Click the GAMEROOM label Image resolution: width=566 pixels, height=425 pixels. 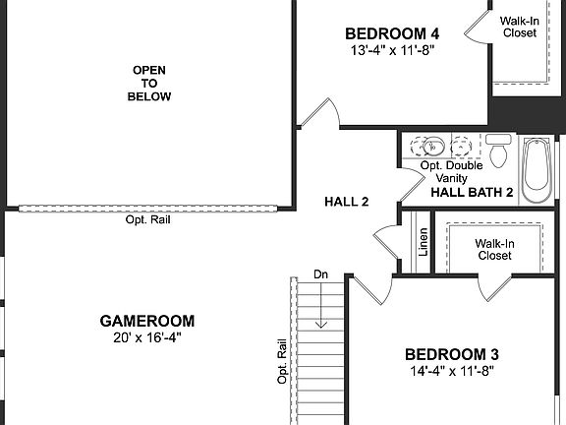click(147, 321)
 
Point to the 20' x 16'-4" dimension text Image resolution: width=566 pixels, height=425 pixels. click(147, 337)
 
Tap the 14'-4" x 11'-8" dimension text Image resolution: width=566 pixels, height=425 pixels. click(452, 371)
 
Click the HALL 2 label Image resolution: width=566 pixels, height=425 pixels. click(346, 202)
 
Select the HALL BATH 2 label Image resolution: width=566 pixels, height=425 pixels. click(473, 193)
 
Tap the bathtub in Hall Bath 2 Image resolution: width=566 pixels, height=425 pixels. click(537, 169)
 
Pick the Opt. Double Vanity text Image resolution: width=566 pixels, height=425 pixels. click(447, 172)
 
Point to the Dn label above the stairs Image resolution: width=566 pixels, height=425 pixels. click(320, 273)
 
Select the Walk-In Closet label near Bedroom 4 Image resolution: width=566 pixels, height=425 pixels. click(519, 27)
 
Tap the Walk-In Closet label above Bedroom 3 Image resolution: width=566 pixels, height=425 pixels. click(494, 249)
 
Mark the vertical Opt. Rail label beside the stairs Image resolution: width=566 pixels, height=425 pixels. click(282, 361)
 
